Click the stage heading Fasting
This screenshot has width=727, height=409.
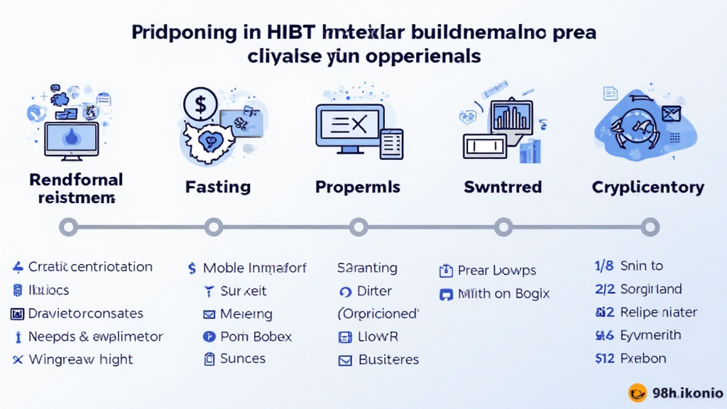pyautogui.click(x=218, y=187)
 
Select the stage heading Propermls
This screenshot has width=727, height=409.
pyautogui.click(x=358, y=187)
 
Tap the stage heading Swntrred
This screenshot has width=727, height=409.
pyautogui.click(x=503, y=187)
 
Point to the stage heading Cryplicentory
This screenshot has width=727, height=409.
pyautogui.click(x=647, y=187)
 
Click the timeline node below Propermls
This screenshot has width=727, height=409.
pyautogui.click(x=359, y=227)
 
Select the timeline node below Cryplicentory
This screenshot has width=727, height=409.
pyautogui.click(x=649, y=227)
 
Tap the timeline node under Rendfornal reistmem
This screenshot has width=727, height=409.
pyautogui.click(x=68, y=227)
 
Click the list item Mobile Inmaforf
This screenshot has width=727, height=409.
pyautogui.click(x=255, y=268)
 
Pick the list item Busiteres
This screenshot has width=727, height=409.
pyautogui.click(x=388, y=359)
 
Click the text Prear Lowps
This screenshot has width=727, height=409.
pyautogui.click(x=497, y=271)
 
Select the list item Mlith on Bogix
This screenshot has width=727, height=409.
pyautogui.click(x=503, y=293)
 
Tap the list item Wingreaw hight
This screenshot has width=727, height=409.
pyautogui.click(x=81, y=359)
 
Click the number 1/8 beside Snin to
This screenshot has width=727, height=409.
pyautogui.click(x=603, y=266)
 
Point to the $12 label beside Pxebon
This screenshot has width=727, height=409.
pyautogui.click(x=603, y=358)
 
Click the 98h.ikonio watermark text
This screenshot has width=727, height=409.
pyautogui.click(x=687, y=393)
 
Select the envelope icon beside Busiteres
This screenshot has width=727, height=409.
pyautogui.click(x=346, y=360)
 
